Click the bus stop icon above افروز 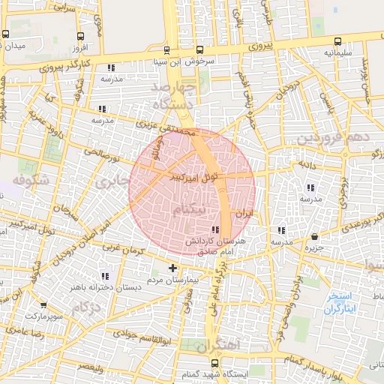[80, 35]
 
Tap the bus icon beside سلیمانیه [337, 42]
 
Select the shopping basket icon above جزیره [313, 236]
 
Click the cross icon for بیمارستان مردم [173, 267]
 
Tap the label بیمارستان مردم [173, 279]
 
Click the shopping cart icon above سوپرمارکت [43, 305]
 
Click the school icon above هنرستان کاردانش [216, 229]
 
